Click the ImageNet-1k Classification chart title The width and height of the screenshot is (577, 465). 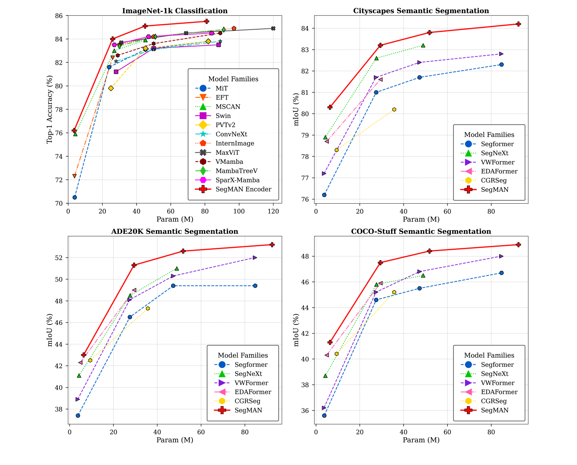(175, 11)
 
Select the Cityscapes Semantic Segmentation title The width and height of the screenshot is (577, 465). (421, 11)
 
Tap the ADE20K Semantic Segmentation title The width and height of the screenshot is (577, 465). (175, 232)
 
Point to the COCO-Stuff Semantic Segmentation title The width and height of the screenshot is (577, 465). (421, 232)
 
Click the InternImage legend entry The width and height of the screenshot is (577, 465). (235, 144)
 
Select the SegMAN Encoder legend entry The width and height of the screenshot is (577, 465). (243, 189)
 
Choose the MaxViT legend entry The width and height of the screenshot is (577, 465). (227, 153)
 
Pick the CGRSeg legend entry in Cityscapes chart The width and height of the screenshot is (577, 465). (494, 181)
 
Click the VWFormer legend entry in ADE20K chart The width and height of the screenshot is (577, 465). (251, 383)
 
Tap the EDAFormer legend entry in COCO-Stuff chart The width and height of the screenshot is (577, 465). (499, 392)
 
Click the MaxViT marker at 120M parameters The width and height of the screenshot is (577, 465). (273, 28)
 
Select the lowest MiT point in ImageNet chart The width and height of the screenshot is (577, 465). (75, 197)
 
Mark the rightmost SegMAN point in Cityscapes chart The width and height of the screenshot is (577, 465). (518, 24)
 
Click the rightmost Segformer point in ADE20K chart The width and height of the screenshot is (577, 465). (255, 286)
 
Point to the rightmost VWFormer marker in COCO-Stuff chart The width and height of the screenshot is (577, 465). (501, 257)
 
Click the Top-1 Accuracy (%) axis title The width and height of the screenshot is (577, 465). (50, 110)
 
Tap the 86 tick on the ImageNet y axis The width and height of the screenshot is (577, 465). (60, 16)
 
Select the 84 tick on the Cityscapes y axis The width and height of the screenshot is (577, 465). (307, 28)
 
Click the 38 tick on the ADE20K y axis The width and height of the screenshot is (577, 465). (60, 409)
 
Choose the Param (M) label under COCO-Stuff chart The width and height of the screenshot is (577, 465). (421, 440)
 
